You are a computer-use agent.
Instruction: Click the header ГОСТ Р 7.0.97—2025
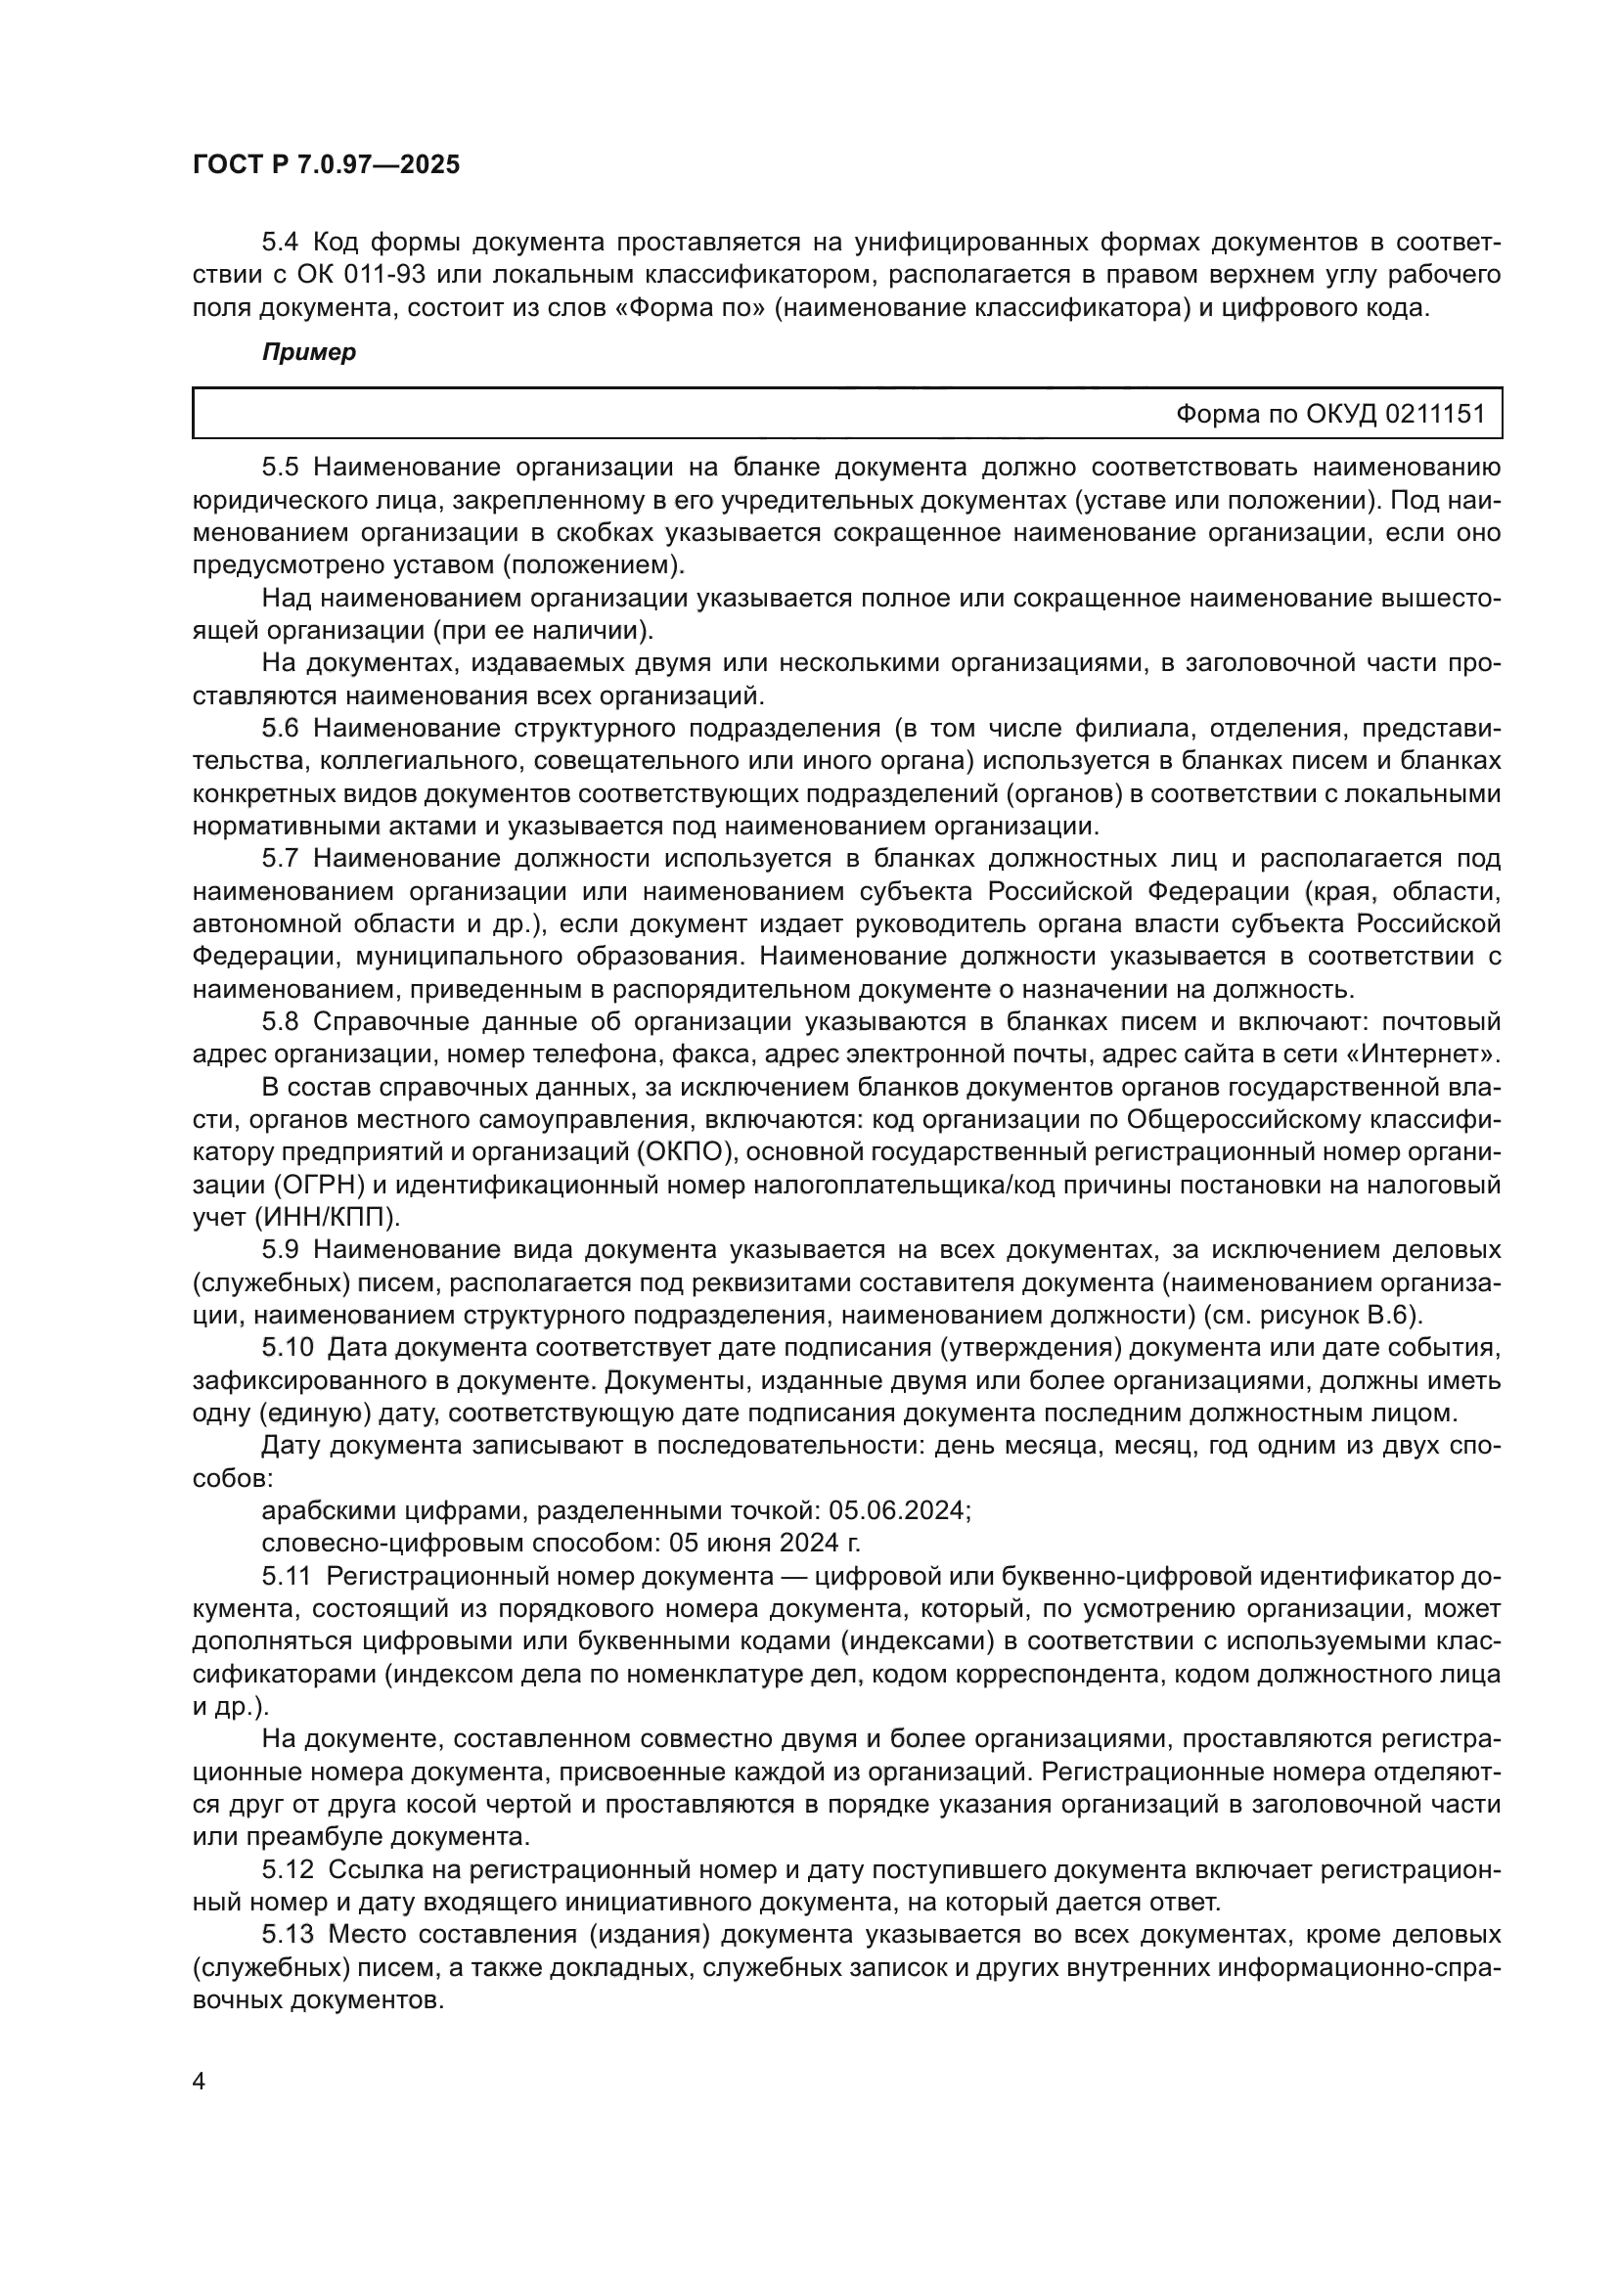tap(326, 165)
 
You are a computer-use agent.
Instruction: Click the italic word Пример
tap(309, 353)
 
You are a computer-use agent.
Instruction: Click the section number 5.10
tap(286, 1348)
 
